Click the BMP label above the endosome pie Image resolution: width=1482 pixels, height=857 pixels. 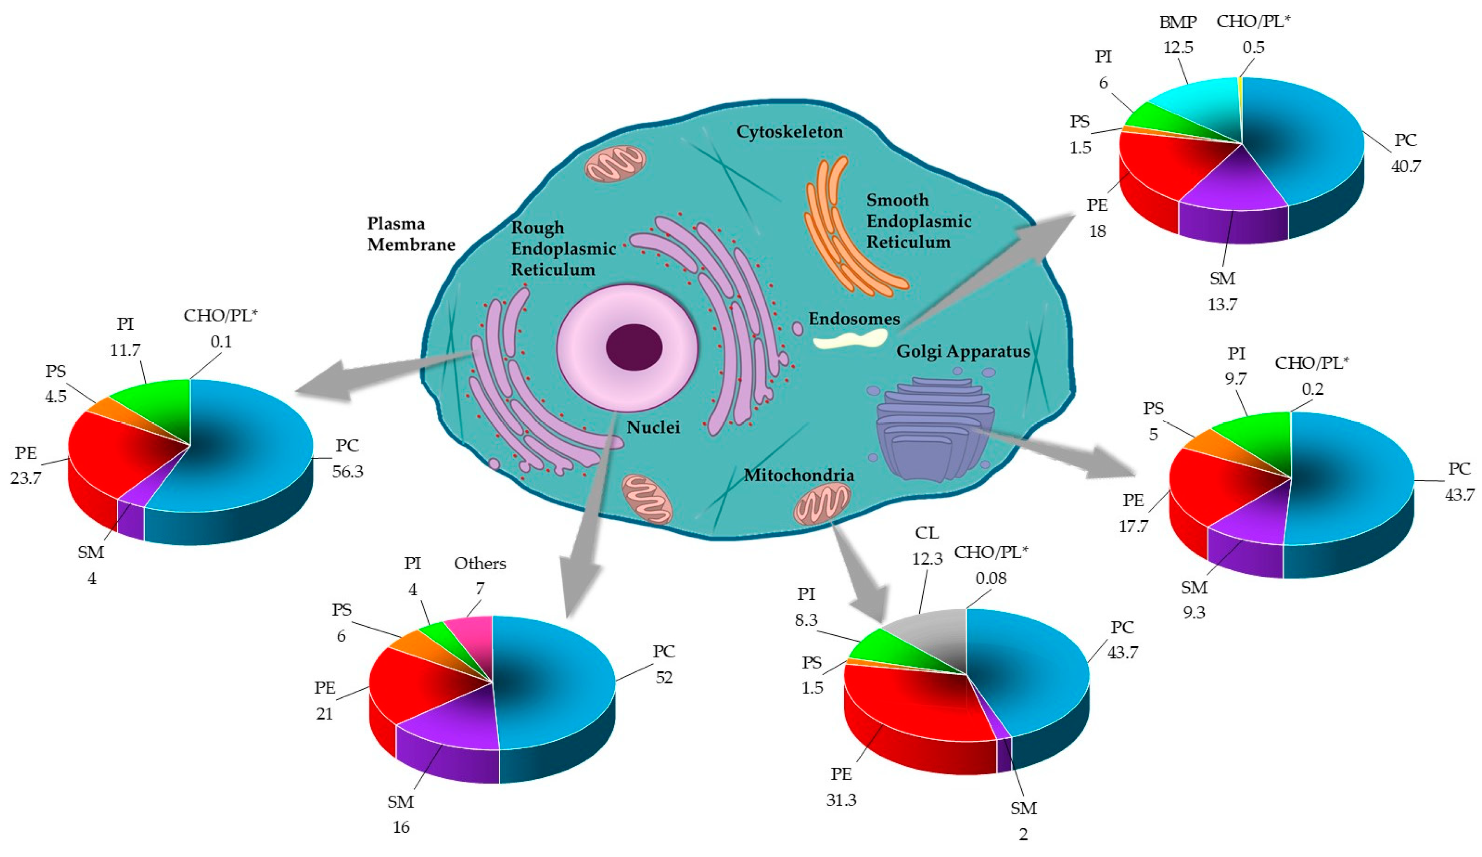[x=1178, y=22]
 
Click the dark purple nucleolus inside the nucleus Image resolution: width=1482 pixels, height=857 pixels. [x=634, y=347]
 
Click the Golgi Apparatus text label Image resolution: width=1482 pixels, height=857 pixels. [x=963, y=352]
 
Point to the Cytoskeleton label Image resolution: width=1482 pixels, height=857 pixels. [x=789, y=132]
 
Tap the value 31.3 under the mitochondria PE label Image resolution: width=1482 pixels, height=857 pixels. [x=841, y=800]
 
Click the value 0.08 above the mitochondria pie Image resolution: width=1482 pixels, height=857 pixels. [x=991, y=578]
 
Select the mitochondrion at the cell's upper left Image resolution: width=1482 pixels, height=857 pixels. [x=615, y=163]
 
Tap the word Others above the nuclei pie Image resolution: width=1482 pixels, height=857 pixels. [x=480, y=564]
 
